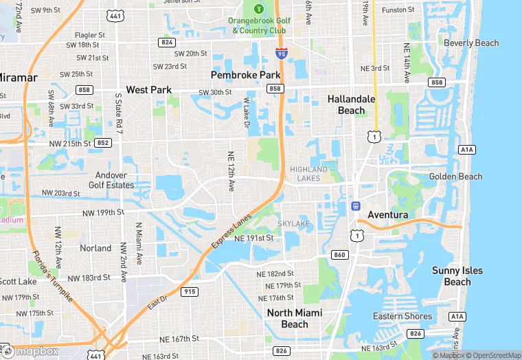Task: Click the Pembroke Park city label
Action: (245, 74)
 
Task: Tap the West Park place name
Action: (148, 90)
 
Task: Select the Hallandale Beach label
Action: (351, 104)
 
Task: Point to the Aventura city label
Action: (387, 215)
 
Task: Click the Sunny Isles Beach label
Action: (457, 276)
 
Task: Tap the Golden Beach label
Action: (455, 177)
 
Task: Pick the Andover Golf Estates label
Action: (111, 180)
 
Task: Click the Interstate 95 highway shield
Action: (282, 53)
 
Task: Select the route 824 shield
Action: (166, 43)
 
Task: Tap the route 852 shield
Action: (103, 143)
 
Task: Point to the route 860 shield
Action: (339, 255)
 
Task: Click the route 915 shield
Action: (190, 292)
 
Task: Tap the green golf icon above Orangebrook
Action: (258, 9)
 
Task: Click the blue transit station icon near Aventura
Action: (356, 205)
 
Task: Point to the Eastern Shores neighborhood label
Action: (402, 317)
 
